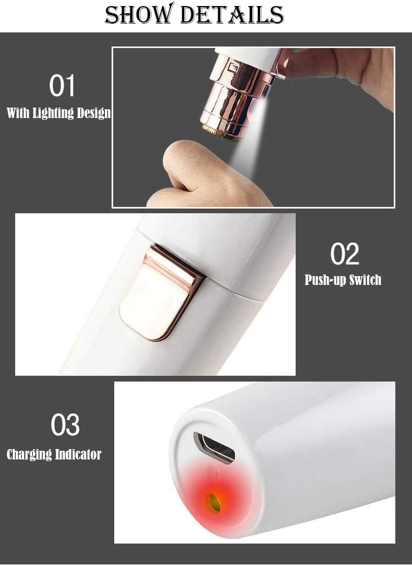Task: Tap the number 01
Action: tap(62, 86)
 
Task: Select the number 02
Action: tap(345, 254)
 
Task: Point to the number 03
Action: tap(65, 424)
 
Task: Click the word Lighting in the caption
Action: tap(53, 113)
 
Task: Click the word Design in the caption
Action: tap(93, 113)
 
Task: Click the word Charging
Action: tap(29, 455)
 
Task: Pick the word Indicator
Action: tap(77, 454)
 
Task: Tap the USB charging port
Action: tap(214, 447)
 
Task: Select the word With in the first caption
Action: tap(19, 113)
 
